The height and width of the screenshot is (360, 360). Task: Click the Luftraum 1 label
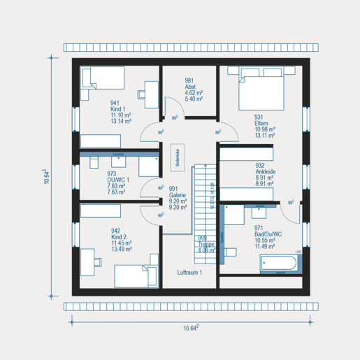click(189, 273)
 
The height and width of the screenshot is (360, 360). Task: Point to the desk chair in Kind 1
click(150, 89)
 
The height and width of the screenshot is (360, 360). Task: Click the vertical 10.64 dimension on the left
click(46, 175)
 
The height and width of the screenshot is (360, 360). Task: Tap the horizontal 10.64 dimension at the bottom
click(191, 327)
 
